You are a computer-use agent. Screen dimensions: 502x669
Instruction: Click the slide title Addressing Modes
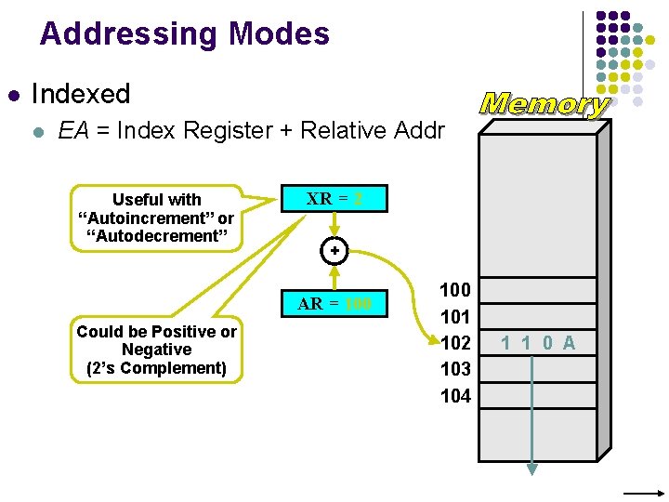click(x=184, y=34)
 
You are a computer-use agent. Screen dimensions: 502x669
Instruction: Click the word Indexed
click(x=81, y=94)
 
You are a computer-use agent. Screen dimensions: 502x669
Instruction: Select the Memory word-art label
click(x=544, y=103)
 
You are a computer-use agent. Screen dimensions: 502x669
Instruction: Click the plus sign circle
click(x=334, y=251)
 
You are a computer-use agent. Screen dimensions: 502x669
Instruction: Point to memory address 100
click(x=455, y=290)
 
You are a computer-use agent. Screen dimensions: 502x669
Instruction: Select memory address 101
click(x=455, y=316)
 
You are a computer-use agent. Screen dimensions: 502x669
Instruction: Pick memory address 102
click(x=455, y=342)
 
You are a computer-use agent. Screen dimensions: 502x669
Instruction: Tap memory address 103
click(x=455, y=369)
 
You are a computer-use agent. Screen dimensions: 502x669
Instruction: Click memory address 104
click(x=455, y=396)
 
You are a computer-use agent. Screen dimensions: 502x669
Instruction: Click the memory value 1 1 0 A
click(x=538, y=343)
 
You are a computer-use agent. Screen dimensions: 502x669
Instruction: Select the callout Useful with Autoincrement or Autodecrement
click(x=156, y=218)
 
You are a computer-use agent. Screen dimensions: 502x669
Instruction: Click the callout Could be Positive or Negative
click(x=156, y=350)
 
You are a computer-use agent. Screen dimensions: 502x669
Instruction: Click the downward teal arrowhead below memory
click(x=532, y=469)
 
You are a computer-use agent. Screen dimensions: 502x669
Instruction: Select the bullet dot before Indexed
click(x=13, y=95)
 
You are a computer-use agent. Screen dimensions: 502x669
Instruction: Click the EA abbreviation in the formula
click(x=73, y=131)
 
